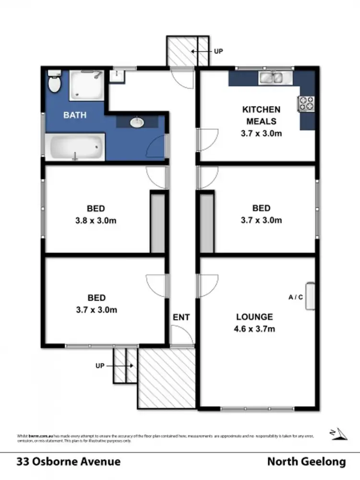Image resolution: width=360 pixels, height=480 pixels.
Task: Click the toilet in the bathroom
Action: click(x=55, y=83)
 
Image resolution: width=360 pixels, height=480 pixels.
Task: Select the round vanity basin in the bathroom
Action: click(x=138, y=123)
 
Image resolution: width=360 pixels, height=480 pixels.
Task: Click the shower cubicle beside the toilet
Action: click(x=86, y=85)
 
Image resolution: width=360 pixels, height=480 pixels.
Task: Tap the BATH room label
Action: click(x=75, y=115)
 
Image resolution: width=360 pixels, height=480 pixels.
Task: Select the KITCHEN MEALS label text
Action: click(x=261, y=115)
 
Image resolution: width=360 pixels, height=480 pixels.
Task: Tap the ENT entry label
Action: click(x=181, y=317)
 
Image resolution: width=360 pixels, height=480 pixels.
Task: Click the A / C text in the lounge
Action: click(x=296, y=297)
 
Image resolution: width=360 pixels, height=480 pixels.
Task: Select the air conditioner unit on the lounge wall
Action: click(x=310, y=296)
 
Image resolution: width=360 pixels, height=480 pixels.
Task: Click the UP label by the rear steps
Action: click(x=218, y=51)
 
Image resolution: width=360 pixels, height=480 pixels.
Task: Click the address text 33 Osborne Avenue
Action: click(x=68, y=462)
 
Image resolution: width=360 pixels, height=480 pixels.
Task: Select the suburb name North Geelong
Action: click(x=306, y=462)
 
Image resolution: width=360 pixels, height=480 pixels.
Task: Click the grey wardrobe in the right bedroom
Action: click(x=206, y=222)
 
